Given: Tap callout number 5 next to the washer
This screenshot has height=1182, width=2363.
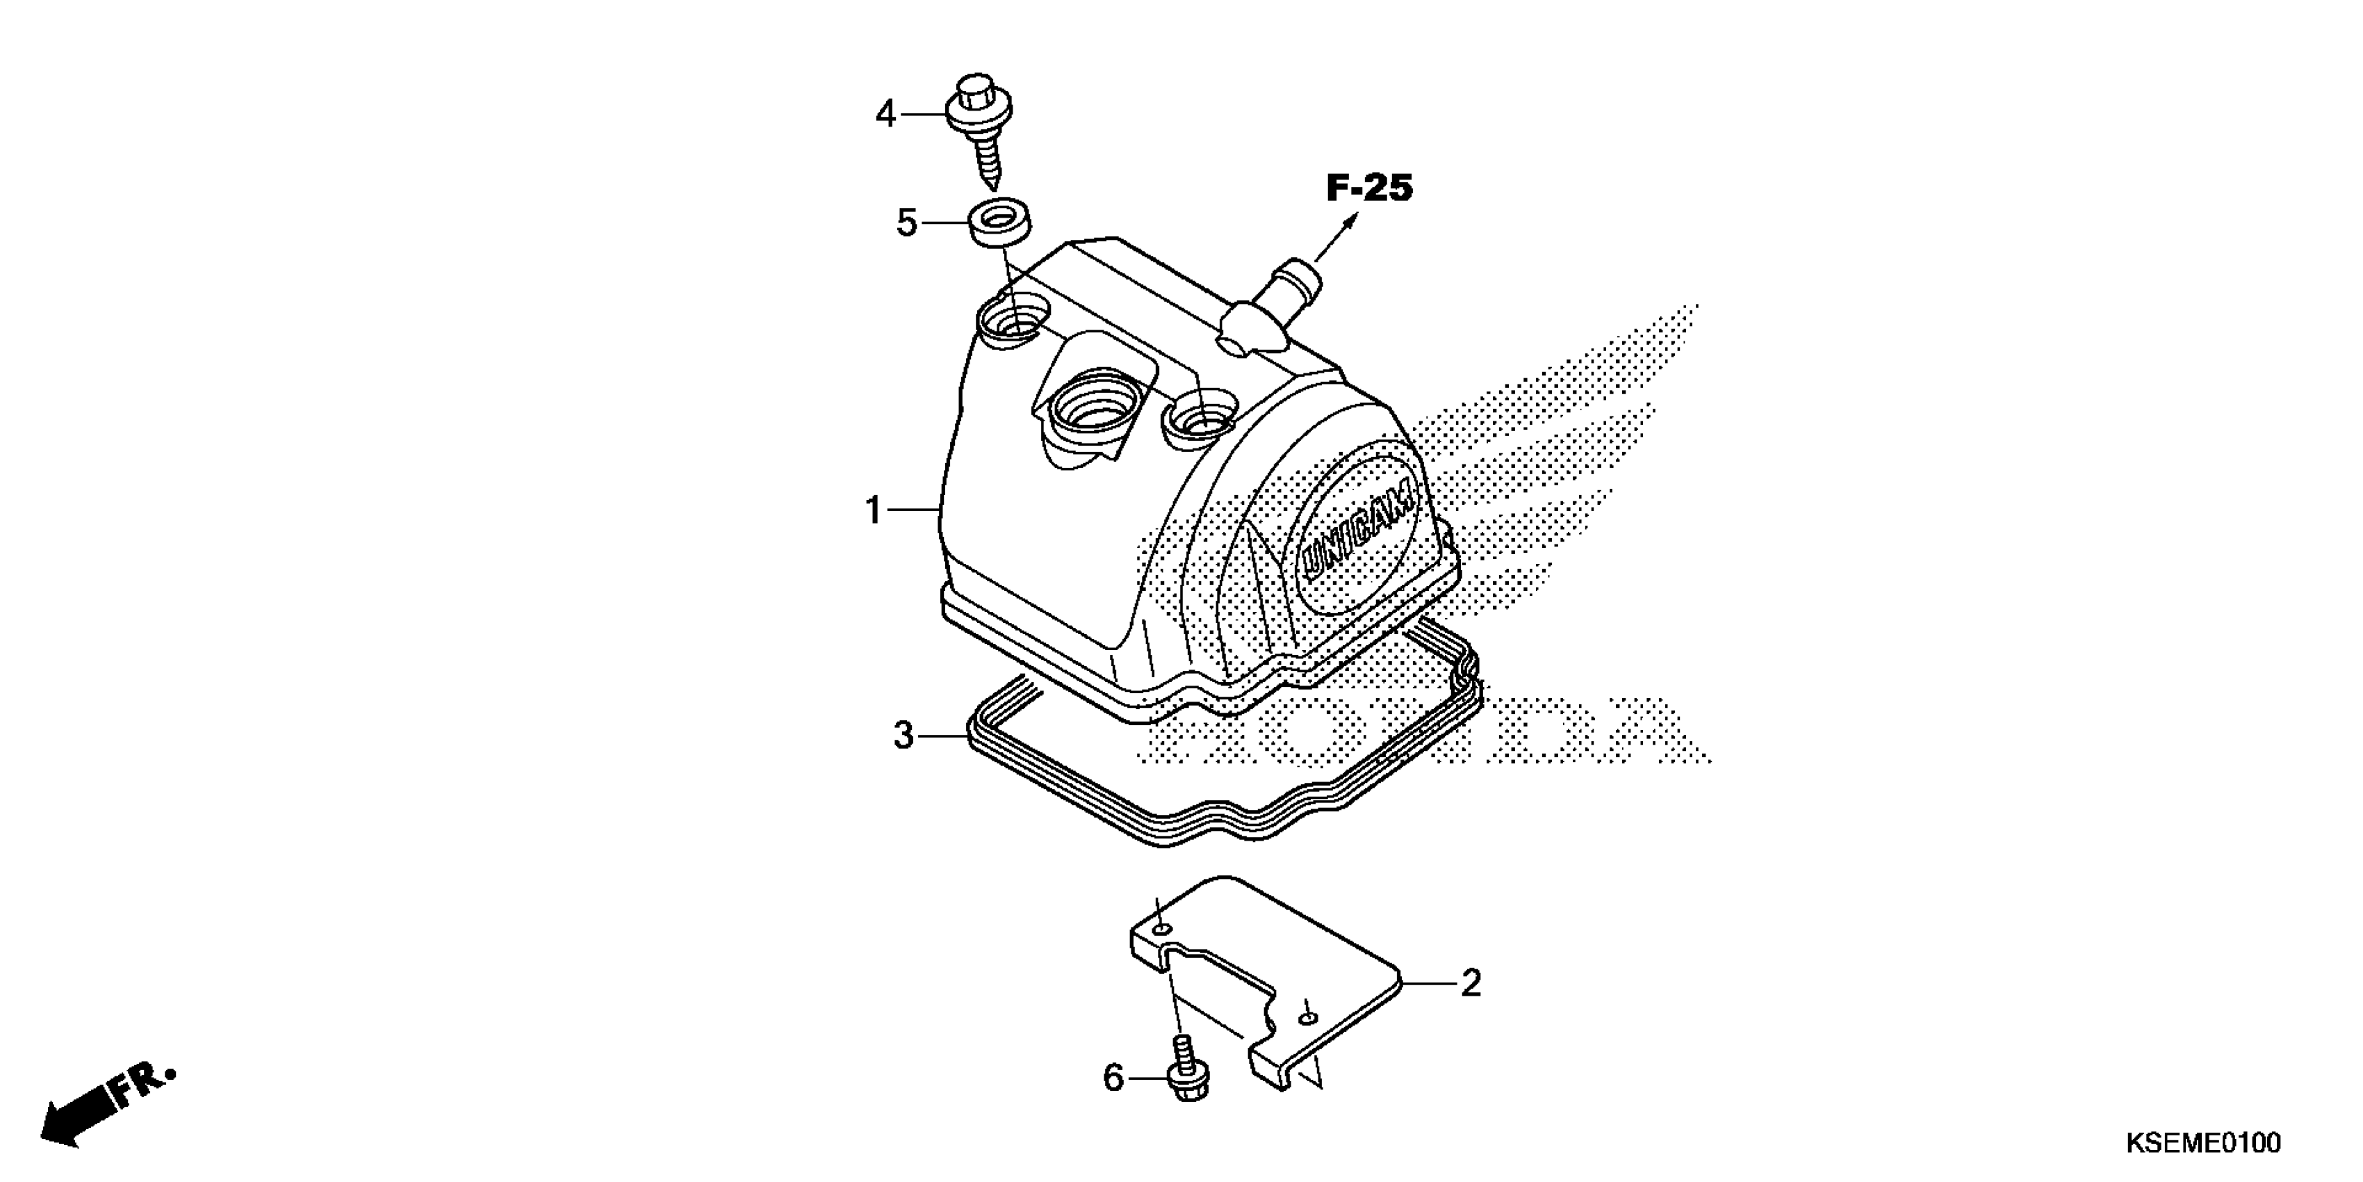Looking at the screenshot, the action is coord(906,223).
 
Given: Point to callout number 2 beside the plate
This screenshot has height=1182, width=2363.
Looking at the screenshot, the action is coord(1471,984).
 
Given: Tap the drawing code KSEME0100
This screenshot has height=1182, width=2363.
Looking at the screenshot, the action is coord(2202,1144).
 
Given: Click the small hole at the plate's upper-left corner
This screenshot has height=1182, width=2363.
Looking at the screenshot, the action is coord(1162,930).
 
